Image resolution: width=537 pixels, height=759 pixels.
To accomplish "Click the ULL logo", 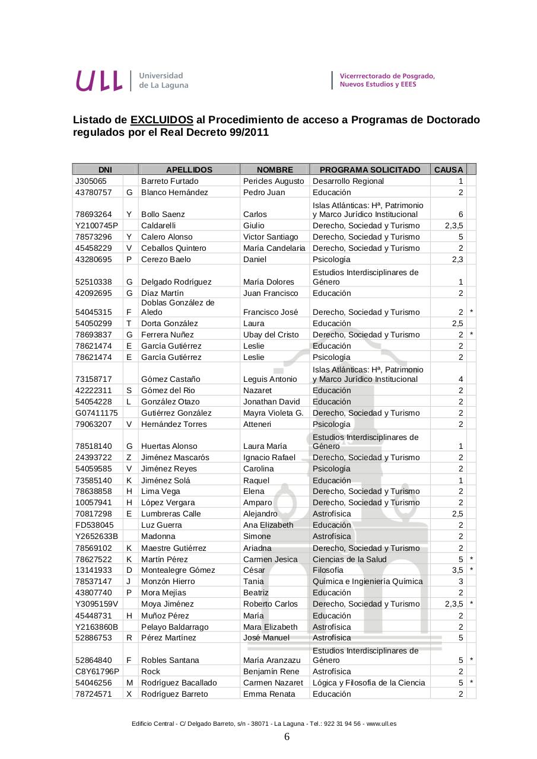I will coord(98,81).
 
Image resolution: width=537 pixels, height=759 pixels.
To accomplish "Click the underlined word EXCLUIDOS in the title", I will coord(161,120).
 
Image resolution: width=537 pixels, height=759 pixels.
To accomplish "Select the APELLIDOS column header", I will coord(189,170).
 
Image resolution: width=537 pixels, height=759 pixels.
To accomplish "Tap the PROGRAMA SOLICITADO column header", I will coord(370,170).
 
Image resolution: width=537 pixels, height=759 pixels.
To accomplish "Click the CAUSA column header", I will coord(448,170).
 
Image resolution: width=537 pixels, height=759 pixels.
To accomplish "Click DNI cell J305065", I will coord(91,181).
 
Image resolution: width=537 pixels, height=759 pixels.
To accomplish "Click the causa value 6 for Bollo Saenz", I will coord(460,214).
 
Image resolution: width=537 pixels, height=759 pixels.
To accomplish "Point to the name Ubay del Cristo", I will coord(271,334).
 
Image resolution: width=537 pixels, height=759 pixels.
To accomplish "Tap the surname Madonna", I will coord(158,536).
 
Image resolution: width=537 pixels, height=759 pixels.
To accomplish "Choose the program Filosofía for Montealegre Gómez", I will coord(328,570).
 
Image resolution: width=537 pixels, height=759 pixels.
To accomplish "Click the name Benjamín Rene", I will coord(271,671).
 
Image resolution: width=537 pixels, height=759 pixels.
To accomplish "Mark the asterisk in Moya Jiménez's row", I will coord(471,604).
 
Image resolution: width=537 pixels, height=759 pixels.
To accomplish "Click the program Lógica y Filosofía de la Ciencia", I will coord(368,683).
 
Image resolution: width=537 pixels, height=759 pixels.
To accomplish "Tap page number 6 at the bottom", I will coord(287,737).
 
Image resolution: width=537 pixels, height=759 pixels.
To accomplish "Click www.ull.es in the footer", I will coord(382,723).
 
